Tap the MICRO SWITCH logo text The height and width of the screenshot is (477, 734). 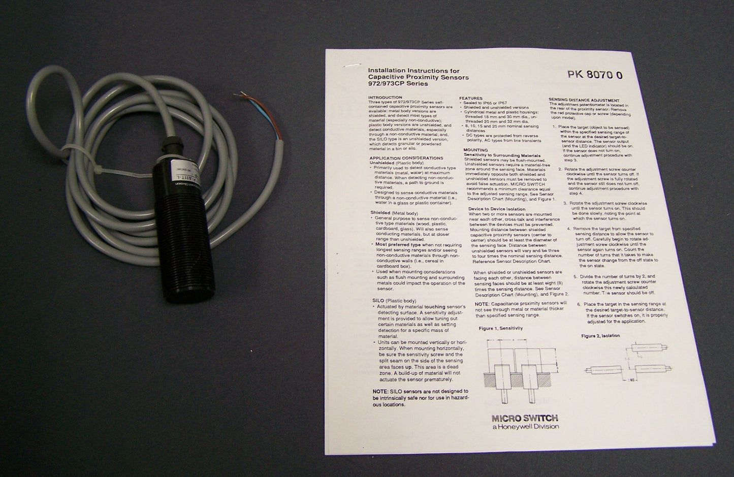point(525,418)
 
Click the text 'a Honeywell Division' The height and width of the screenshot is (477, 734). point(525,427)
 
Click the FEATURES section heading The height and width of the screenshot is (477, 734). point(471,98)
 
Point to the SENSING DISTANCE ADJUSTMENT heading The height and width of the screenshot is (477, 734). point(584,100)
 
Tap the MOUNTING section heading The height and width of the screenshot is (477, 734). point(475,150)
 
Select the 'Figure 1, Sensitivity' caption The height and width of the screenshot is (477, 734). point(500,328)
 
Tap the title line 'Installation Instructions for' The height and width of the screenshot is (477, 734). point(413,71)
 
